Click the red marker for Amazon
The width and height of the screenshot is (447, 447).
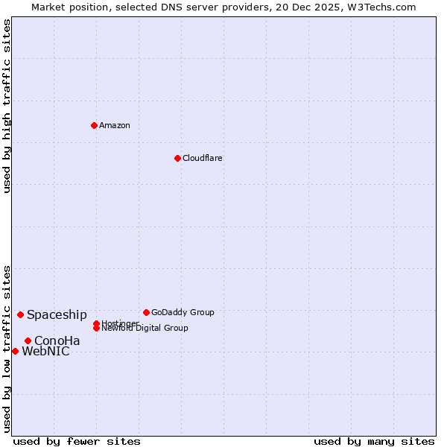(x=94, y=125)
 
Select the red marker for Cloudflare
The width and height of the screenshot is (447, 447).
(x=177, y=158)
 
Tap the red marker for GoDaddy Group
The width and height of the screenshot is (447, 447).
(x=146, y=312)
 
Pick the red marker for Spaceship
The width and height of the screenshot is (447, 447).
(x=20, y=314)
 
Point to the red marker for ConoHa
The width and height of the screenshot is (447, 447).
(x=28, y=340)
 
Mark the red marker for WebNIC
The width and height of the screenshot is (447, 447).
(x=15, y=351)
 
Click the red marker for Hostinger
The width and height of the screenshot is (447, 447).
(x=96, y=323)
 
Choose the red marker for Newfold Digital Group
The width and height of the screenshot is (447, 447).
(x=96, y=328)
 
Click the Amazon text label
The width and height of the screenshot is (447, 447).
(x=115, y=125)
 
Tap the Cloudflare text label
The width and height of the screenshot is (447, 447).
(x=203, y=158)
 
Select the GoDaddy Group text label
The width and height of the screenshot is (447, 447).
(x=183, y=312)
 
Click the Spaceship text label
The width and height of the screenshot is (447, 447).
(x=57, y=314)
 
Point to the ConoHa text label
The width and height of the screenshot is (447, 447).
(x=57, y=340)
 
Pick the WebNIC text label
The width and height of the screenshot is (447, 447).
(x=45, y=352)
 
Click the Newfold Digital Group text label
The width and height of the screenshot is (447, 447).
(x=145, y=329)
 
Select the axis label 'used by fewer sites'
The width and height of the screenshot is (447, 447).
(x=77, y=441)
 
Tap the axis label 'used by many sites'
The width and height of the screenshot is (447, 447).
(x=374, y=441)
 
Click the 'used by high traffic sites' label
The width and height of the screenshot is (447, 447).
(x=7, y=107)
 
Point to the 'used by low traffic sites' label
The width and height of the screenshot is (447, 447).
(x=7, y=349)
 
